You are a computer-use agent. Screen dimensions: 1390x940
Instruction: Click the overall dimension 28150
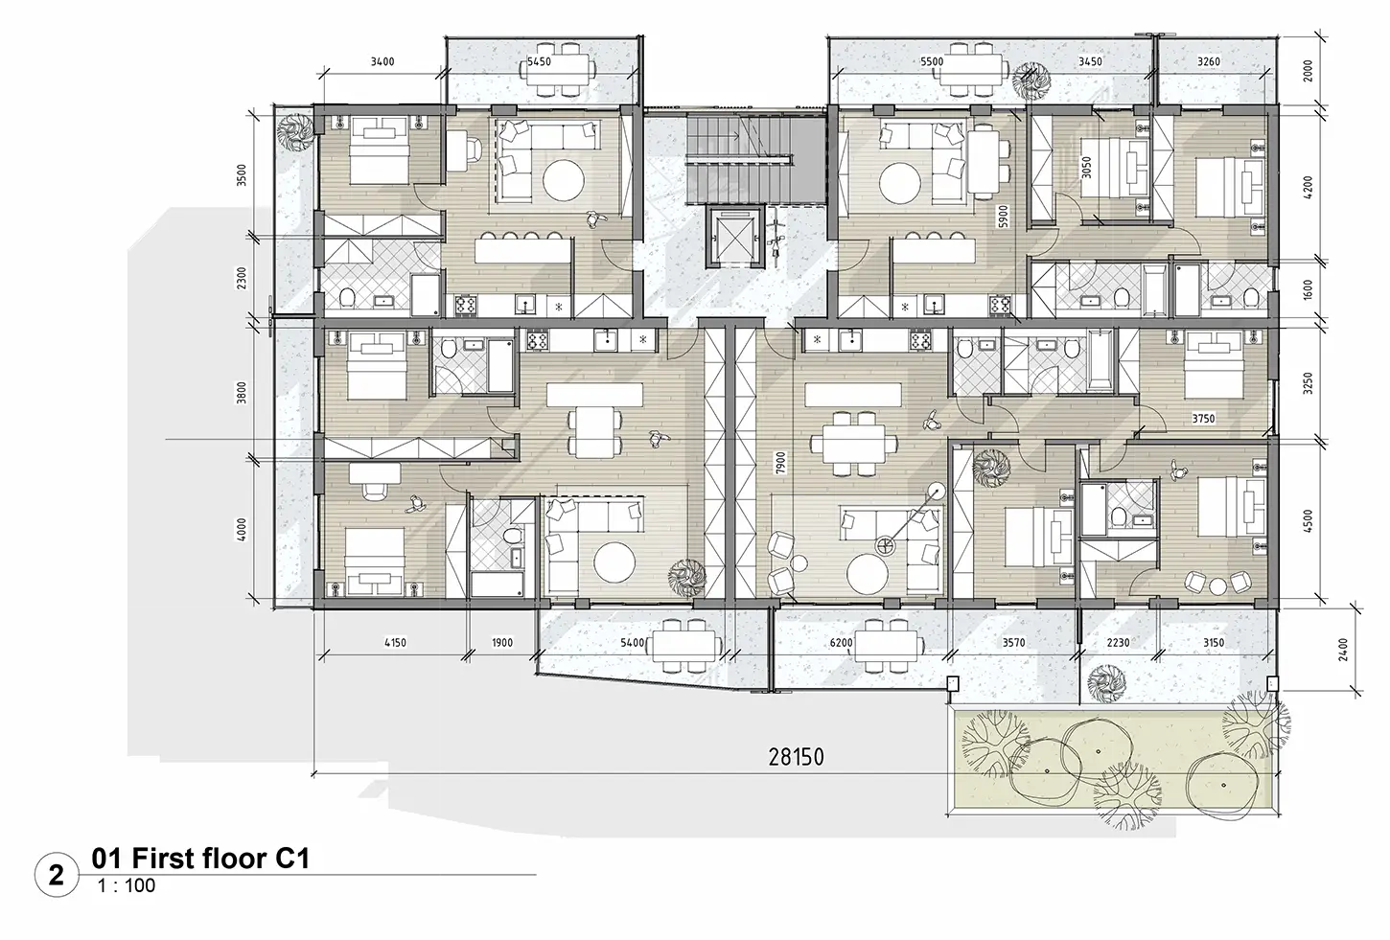[x=797, y=757]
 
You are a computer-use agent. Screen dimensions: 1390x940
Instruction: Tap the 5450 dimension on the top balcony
[x=539, y=61]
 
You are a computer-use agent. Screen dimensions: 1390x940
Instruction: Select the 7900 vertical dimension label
[x=780, y=463]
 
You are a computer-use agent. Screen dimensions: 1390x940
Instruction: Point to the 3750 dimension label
[x=1203, y=419]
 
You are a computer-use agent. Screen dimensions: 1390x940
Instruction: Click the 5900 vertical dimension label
[x=1004, y=217]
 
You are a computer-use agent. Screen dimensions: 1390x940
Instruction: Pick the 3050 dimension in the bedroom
[x=1086, y=168]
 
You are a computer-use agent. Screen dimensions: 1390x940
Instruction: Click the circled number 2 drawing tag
[x=57, y=875]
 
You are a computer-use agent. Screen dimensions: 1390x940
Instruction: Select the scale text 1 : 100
[x=126, y=886]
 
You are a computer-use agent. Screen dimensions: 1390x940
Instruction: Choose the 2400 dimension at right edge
[x=1343, y=650]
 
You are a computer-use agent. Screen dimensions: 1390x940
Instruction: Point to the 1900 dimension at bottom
[x=502, y=643]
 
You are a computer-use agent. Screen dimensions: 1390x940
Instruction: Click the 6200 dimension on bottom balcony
[x=841, y=643]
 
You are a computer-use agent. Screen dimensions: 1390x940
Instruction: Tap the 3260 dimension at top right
[x=1208, y=61]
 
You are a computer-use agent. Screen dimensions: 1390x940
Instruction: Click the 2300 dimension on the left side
[x=242, y=277]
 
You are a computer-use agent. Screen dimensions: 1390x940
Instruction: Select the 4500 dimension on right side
[x=1309, y=521]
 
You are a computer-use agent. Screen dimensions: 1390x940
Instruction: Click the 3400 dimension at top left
[x=382, y=61]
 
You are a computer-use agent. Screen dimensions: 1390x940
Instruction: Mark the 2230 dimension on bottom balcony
[x=1118, y=643]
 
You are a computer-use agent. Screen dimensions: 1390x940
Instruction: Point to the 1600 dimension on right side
[x=1309, y=289]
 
